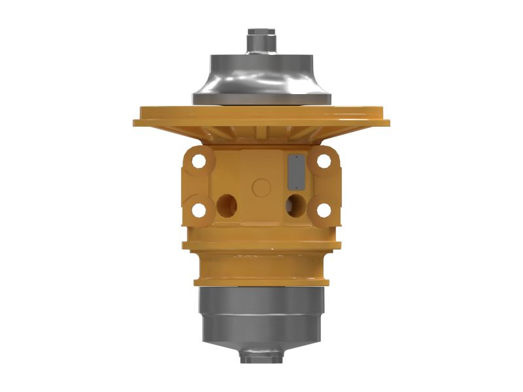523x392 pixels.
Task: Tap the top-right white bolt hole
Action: pyautogui.click(x=323, y=159)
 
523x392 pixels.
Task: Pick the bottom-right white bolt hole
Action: pyautogui.click(x=323, y=210)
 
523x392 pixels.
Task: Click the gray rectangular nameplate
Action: pyautogui.click(x=295, y=171)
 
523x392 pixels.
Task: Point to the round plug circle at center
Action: pyautogui.click(x=261, y=187)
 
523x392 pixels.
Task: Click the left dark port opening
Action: pyautogui.click(x=227, y=206)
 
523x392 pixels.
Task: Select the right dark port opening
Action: pyautogui.click(x=295, y=204)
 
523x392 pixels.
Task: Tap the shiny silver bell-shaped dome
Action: pyautogui.click(x=261, y=75)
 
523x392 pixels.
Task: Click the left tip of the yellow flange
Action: pyautogui.click(x=136, y=122)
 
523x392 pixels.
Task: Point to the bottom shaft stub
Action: pyautogui.click(x=261, y=356)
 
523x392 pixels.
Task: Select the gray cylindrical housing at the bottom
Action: pyautogui.click(x=261, y=310)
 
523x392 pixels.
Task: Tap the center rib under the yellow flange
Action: pyautogui.click(x=261, y=134)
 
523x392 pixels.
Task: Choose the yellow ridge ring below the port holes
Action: pyautogui.click(x=261, y=245)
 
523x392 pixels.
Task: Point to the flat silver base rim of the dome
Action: pyautogui.click(x=261, y=99)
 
